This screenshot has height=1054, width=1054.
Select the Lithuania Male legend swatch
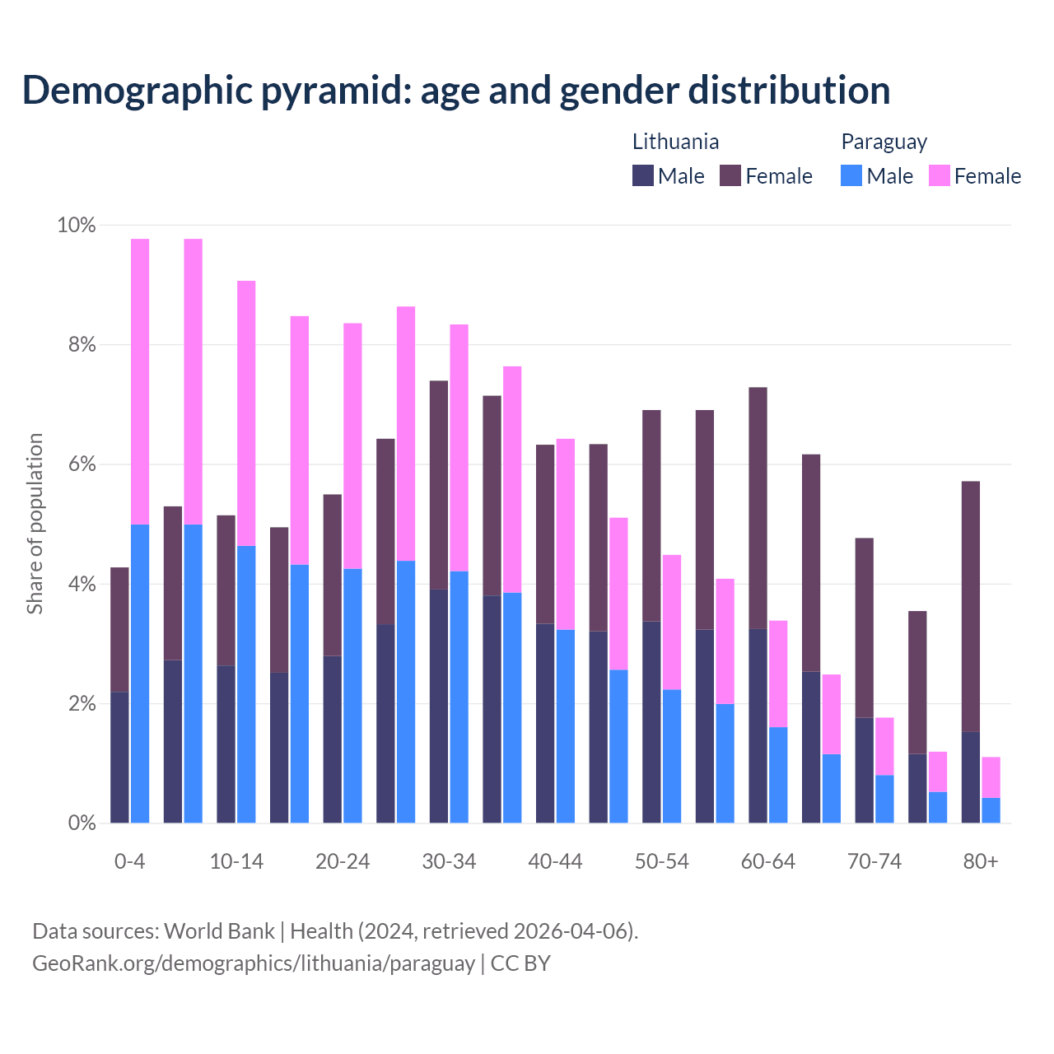click(x=642, y=175)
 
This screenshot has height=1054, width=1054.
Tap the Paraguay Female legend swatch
click(x=939, y=175)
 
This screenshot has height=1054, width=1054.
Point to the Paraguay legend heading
click(x=884, y=142)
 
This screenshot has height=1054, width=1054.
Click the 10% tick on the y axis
click(x=76, y=225)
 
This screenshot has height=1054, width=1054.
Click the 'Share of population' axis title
click(x=35, y=524)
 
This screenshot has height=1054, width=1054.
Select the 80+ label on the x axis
click(x=980, y=861)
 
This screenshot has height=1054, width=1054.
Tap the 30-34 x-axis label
click(x=449, y=861)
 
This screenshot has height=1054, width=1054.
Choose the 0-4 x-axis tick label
click(x=130, y=861)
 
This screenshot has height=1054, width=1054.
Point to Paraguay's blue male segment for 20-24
click(x=352, y=696)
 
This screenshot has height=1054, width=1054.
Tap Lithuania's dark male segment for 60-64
click(x=758, y=725)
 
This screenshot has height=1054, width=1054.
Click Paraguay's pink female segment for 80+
click(x=991, y=777)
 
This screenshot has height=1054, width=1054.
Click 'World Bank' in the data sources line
click(x=219, y=931)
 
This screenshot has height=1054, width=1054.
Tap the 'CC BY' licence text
click(x=520, y=963)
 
